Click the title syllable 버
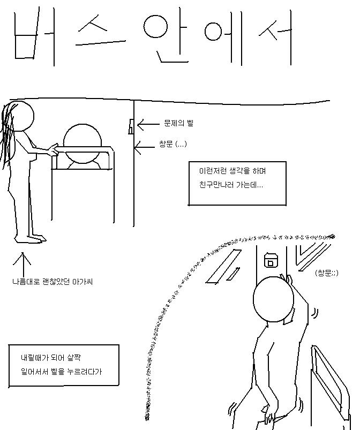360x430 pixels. (x=34, y=37)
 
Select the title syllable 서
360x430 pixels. (x=276, y=37)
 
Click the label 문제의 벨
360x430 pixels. (x=178, y=123)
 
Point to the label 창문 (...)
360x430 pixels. (x=173, y=144)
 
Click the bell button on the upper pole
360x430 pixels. (x=131, y=126)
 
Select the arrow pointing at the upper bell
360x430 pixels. (x=148, y=124)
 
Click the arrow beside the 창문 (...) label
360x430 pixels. (x=145, y=148)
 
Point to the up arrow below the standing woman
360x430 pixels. (x=22, y=265)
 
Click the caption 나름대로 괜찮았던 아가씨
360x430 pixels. (x=52, y=281)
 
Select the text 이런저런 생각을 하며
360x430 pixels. (x=232, y=171)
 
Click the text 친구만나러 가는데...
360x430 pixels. (x=231, y=185)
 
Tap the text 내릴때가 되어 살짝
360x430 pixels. (x=51, y=358)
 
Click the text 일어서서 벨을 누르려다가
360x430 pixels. (x=61, y=372)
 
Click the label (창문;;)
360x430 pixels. (x=327, y=273)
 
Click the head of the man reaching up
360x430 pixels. (x=273, y=299)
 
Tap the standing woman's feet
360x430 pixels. (x=30, y=239)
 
